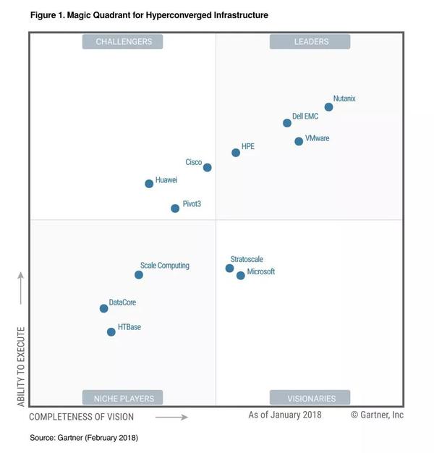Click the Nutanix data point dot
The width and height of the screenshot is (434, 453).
[x=328, y=107]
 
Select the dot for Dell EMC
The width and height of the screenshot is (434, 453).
[x=287, y=123]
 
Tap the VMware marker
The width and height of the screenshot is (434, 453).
[x=299, y=141]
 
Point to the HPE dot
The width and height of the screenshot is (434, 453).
[x=236, y=153]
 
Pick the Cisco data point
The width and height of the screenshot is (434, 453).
[x=208, y=167]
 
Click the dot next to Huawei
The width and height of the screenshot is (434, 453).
[x=149, y=184]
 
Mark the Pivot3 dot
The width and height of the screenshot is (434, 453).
[x=175, y=208]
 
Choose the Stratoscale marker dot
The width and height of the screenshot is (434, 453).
[x=229, y=268]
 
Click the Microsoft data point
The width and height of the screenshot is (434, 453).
[x=241, y=276]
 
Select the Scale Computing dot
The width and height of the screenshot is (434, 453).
[x=139, y=275]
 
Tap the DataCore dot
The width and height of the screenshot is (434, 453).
[x=103, y=308]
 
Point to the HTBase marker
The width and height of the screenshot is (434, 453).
[x=111, y=332]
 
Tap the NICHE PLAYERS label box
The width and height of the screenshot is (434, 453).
[x=122, y=398]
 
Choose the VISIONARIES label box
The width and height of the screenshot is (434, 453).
[x=310, y=398]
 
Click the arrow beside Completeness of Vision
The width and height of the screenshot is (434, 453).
[x=171, y=417]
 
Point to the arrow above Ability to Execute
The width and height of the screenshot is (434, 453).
[x=20, y=288]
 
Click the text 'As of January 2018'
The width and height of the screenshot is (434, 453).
[x=285, y=415]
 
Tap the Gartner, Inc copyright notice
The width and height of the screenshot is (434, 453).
[x=377, y=415]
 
